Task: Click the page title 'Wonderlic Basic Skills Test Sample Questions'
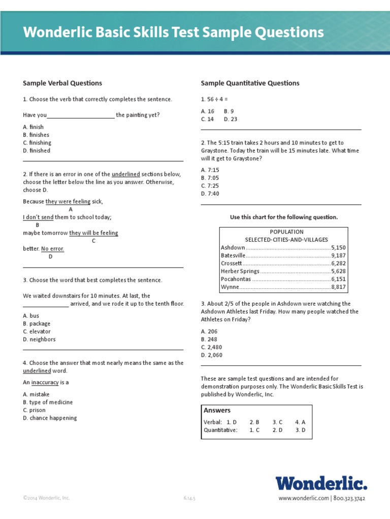coord(173,33)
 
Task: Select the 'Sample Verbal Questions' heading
coord(62,83)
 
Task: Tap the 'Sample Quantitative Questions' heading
coord(250,83)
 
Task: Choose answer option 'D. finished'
coord(37,151)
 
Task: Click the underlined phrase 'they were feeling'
coord(68,201)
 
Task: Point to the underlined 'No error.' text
coord(52,249)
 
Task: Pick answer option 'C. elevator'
coord(39,331)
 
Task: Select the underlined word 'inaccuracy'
coord(45,383)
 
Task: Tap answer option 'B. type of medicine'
coord(48,402)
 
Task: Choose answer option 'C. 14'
coord(207,119)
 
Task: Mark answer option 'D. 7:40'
coord(210,194)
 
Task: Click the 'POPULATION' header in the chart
coord(286,232)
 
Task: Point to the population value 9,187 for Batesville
coord(338,255)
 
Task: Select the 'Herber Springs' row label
coord(240,271)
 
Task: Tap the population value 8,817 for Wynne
coord(338,287)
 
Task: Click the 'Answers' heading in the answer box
coord(217,411)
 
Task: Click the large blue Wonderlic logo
coord(321,484)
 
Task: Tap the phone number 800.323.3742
coord(350,498)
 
